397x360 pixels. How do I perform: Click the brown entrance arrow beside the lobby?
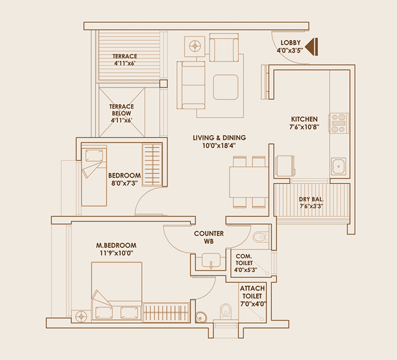point(312,47)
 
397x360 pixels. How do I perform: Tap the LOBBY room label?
point(291,42)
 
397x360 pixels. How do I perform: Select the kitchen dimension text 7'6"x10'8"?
point(304,127)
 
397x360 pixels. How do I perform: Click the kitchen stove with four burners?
point(338,123)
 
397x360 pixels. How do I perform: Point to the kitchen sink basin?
point(338,166)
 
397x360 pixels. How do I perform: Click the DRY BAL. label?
point(311,199)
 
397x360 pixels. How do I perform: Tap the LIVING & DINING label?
point(219,138)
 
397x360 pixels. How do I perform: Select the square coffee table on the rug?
point(225,87)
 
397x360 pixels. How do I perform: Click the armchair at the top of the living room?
point(224,48)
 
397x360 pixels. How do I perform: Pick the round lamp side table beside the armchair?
point(194,47)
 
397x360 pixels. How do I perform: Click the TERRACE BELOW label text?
point(122,110)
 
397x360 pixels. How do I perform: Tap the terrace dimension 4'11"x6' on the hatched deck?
point(124,63)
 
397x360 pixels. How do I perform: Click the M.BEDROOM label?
point(116,245)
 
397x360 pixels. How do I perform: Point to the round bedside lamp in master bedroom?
point(81,316)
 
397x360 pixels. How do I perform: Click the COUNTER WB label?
point(209,237)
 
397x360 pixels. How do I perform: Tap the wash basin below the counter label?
point(211,260)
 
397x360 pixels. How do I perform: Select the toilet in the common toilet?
point(260,237)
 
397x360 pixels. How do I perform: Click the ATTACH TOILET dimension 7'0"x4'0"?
point(254,304)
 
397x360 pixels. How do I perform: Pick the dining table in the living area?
point(249,182)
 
